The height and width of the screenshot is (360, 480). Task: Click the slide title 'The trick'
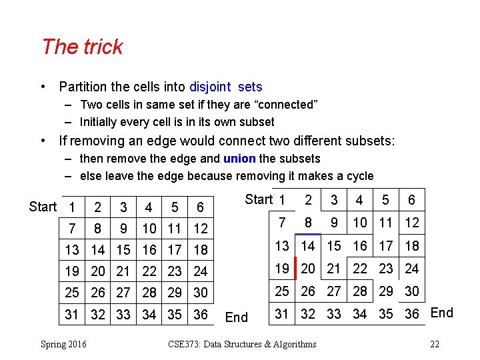coord(82,47)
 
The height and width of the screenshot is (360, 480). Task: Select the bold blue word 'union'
coord(239,159)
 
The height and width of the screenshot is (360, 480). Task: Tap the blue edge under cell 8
coord(308,234)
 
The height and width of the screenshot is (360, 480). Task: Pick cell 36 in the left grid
coord(200,314)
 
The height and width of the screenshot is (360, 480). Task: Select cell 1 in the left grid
coord(72,207)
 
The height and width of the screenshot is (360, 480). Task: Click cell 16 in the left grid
coord(149,250)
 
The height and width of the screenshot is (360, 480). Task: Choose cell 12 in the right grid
coord(412,223)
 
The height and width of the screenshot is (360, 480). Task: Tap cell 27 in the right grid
coord(334,291)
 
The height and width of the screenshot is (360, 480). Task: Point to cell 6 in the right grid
coord(411,200)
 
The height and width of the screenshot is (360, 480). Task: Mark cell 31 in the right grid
coord(283,313)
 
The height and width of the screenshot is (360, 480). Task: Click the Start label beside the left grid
coord(43,207)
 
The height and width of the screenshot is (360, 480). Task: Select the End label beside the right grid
coord(442,313)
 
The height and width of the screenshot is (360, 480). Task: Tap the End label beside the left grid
coord(237,317)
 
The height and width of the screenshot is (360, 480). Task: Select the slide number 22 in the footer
coord(435,344)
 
